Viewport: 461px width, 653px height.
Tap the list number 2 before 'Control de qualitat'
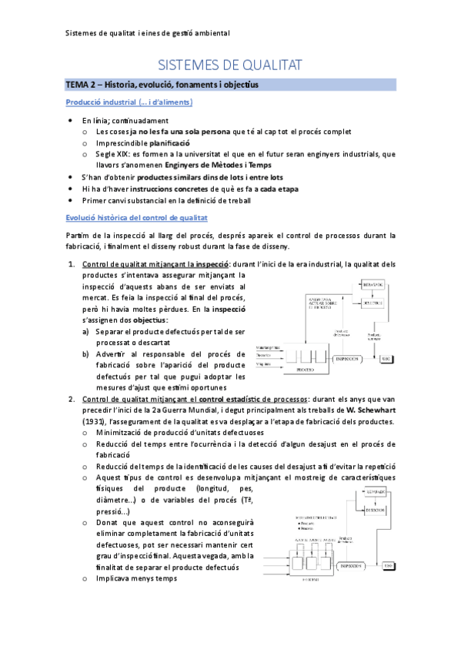pos(71,399)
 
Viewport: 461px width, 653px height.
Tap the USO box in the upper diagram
pos(387,359)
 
